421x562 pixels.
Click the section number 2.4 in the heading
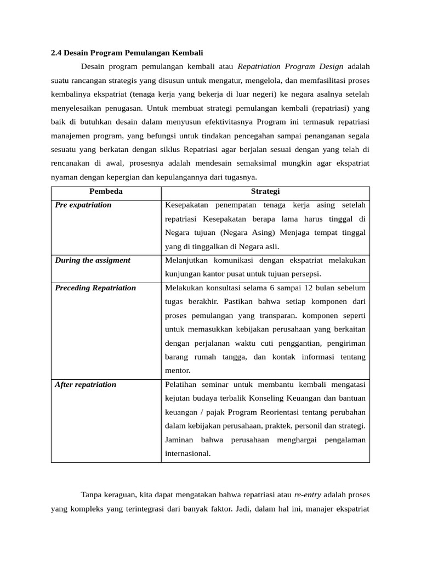56,53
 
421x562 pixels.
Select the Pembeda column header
106,192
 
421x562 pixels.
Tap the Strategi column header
265,192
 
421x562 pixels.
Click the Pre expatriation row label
83,205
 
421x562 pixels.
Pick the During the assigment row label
93,260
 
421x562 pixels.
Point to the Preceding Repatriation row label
95,288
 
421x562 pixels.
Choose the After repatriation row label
86,384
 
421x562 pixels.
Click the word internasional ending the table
187,454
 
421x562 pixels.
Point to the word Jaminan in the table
179,440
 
